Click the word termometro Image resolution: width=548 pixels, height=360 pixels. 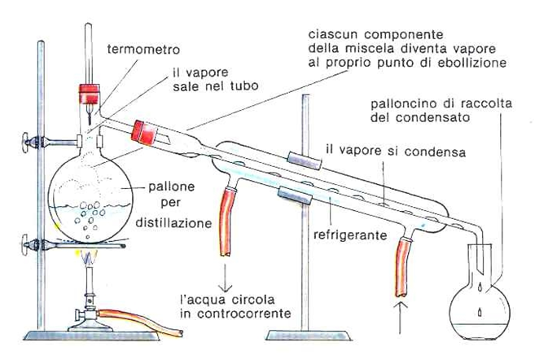pyautogui.click(x=146, y=49)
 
